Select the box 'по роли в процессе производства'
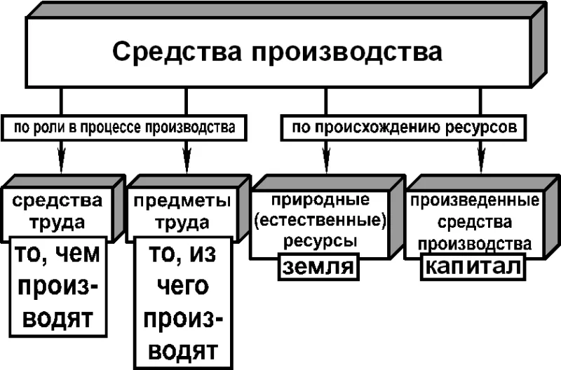click(124, 128)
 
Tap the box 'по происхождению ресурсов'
click(404, 128)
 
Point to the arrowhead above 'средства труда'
click(62, 157)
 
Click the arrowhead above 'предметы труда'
click(187, 157)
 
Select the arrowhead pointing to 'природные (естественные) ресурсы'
click(326, 157)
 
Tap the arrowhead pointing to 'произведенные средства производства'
click(480, 157)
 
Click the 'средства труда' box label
click(58, 212)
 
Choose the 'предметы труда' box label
click(182, 212)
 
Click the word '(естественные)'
click(320, 220)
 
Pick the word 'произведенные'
click(475, 200)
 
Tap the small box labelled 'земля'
click(318, 267)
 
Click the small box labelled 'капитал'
click(473, 266)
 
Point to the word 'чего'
click(183, 287)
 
